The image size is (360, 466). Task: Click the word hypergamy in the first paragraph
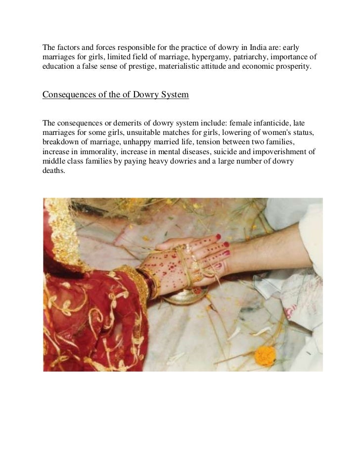tap(205, 57)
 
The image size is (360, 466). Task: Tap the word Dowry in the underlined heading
tap(144, 94)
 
